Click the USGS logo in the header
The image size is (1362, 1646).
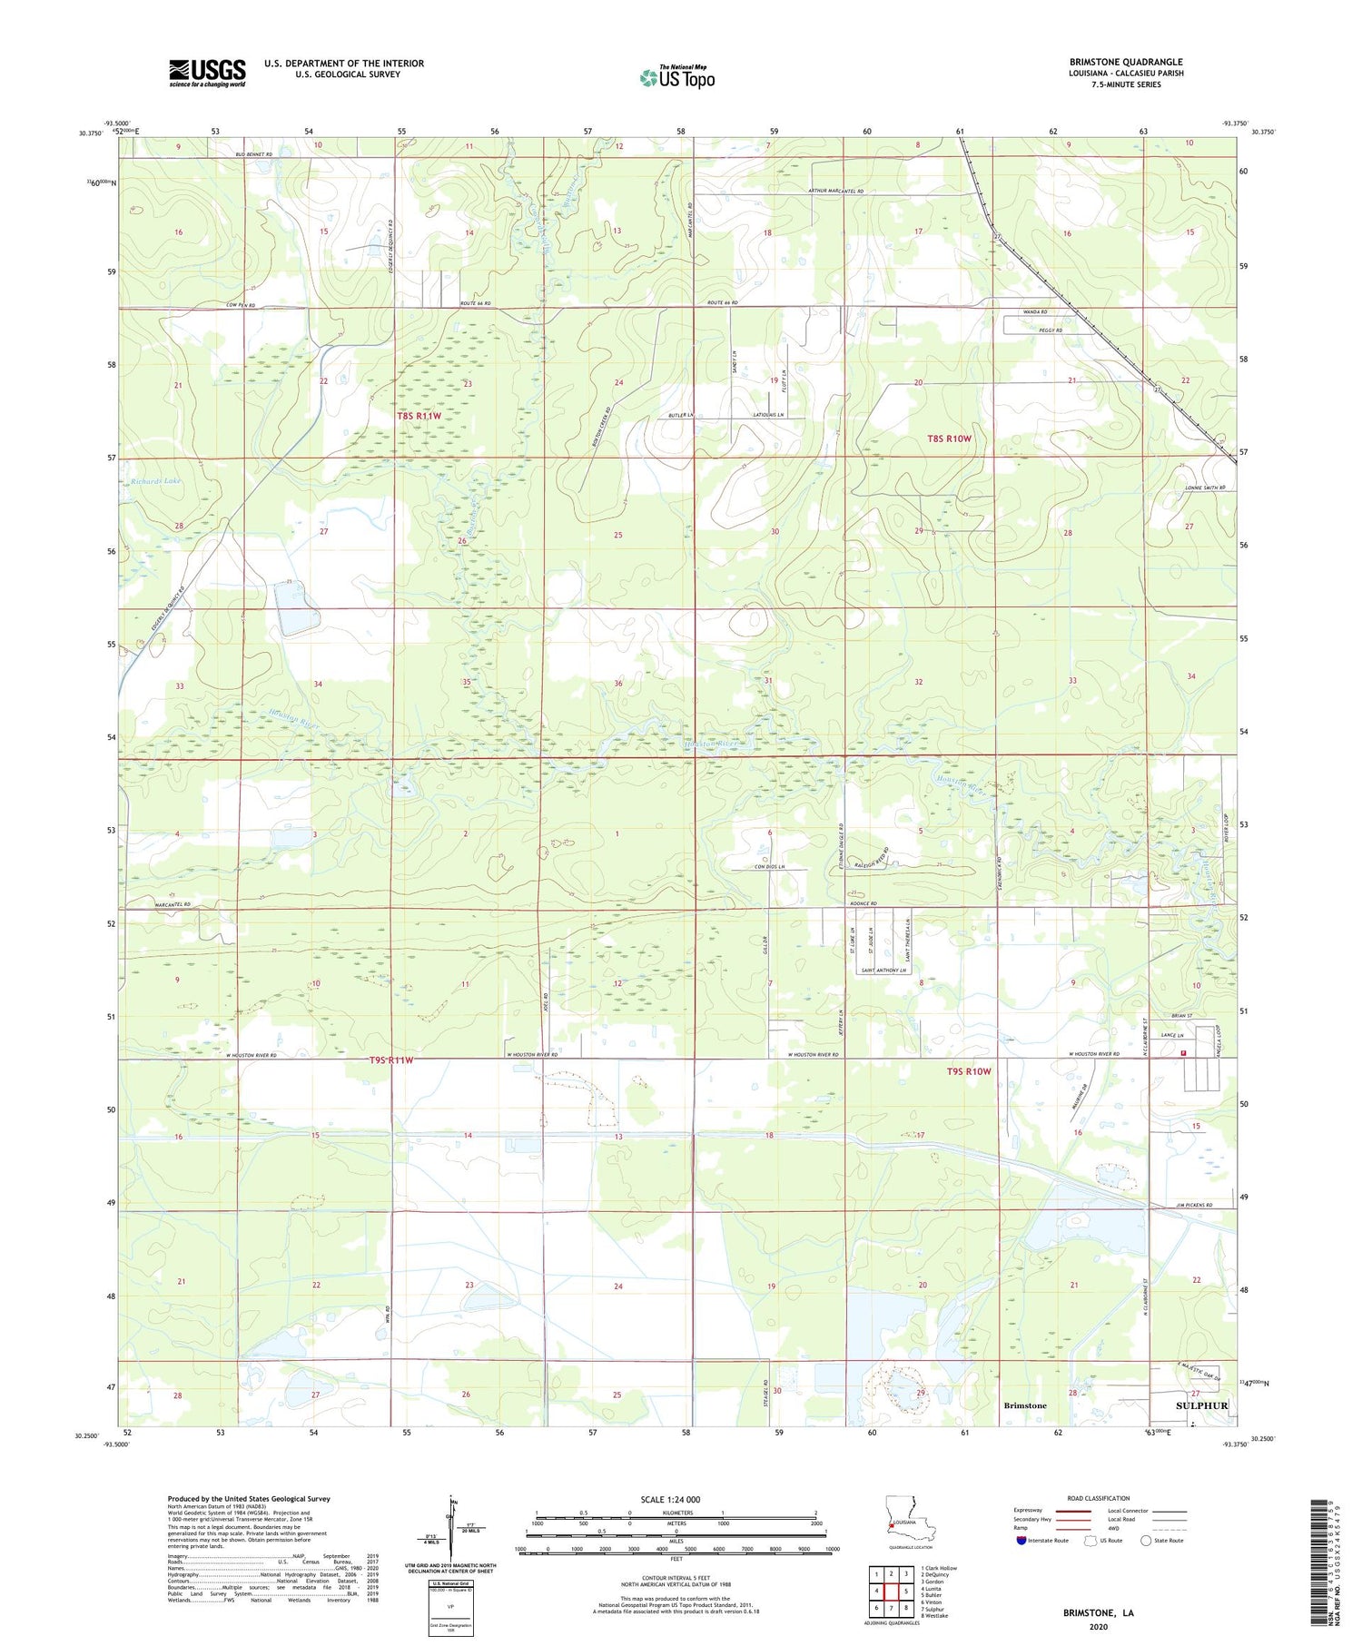coord(207,73)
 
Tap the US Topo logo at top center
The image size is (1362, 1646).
coord(676,77)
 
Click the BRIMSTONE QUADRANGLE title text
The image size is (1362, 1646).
coord(1126,63)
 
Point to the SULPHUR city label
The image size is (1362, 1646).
coord(1201,1405)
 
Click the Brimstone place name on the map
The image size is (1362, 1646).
coord(1024,1405)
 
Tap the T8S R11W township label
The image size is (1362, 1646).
coord(418,416)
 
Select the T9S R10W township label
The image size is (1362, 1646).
coord(969,1071)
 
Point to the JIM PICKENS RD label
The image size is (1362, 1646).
coord(1199,1205)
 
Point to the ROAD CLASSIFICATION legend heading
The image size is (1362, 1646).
coord(1099,1498)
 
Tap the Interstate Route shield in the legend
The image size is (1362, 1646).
coord(1021,1541)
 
